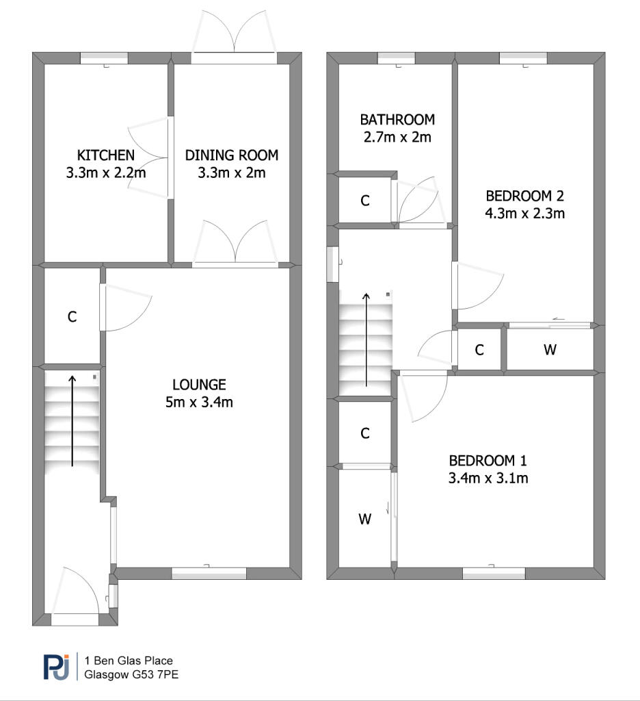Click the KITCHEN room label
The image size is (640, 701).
coord(106,155)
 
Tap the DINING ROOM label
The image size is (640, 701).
coord(232,155)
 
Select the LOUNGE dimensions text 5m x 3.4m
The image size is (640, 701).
coord(199,402)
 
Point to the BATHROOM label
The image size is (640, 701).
coord(397,119)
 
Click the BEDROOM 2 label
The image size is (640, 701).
coord(524,196)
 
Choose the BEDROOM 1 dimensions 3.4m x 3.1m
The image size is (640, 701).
coord(488,478)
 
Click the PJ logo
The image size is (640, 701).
coord(56,667)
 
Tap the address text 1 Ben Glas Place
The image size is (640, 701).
coord(129,661)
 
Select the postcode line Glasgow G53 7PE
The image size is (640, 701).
coord(131,674)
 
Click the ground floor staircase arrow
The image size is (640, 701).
coord(72,421)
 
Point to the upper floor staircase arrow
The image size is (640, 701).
coord(366,340)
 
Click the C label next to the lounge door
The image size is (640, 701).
coord(72,317)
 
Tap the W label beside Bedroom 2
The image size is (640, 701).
coord(550,350)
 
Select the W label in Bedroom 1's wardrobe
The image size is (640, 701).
coord(365,519)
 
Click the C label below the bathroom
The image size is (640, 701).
coord(365,201)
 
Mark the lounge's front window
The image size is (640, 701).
coord(209,574)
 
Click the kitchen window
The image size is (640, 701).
coord(104,58)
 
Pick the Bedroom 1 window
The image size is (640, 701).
coord(494,574)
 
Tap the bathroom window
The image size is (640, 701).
coord(396,58)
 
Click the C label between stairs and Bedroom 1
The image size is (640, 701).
coord(365,433)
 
